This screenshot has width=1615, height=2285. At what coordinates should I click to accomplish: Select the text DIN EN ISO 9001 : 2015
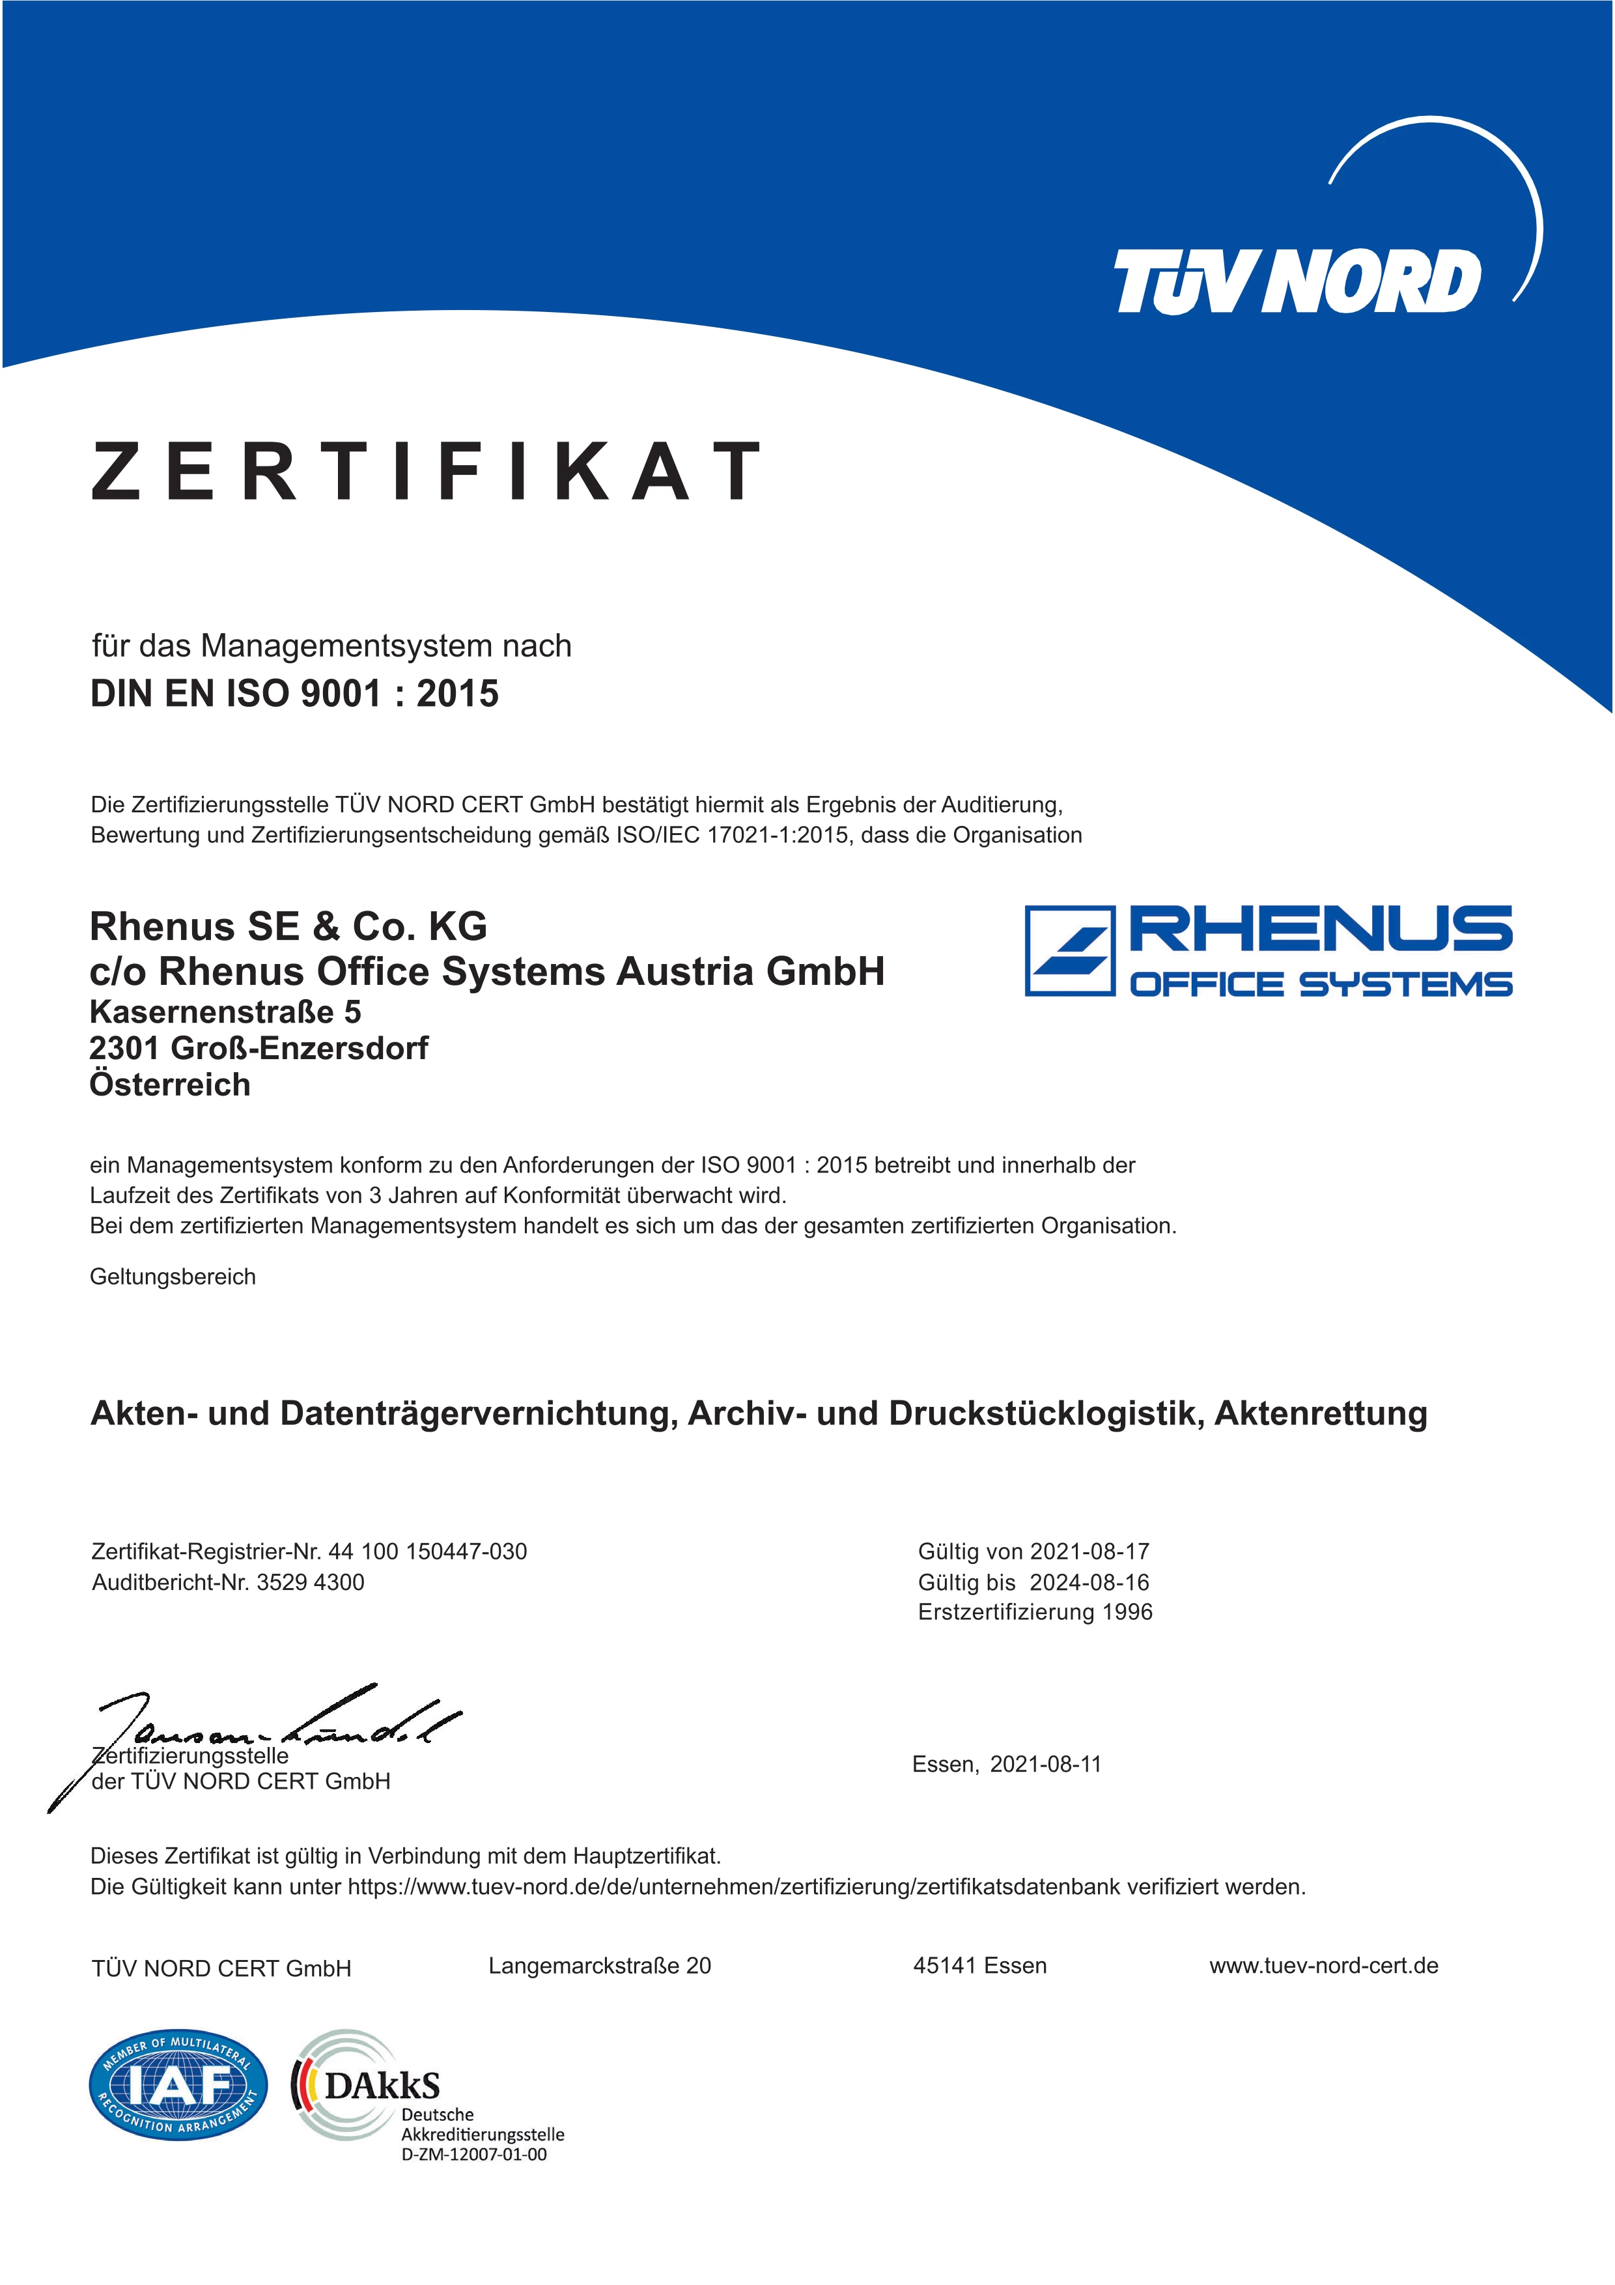coord(294,694)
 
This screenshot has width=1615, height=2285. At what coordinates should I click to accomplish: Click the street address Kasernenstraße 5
coord(225,1012)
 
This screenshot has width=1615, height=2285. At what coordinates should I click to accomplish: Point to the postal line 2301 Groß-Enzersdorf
coord(259,1048)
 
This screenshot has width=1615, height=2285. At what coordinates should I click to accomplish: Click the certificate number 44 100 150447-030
coord(428,1552)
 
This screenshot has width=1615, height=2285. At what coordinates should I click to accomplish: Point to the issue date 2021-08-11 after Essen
coord(1046,1765)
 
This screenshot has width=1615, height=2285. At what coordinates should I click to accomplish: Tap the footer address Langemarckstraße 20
coord(600,1966)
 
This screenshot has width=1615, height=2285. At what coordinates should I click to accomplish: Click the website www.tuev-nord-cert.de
coord(1323,1966)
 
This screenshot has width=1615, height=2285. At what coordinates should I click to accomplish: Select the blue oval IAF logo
coord(178,2085)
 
